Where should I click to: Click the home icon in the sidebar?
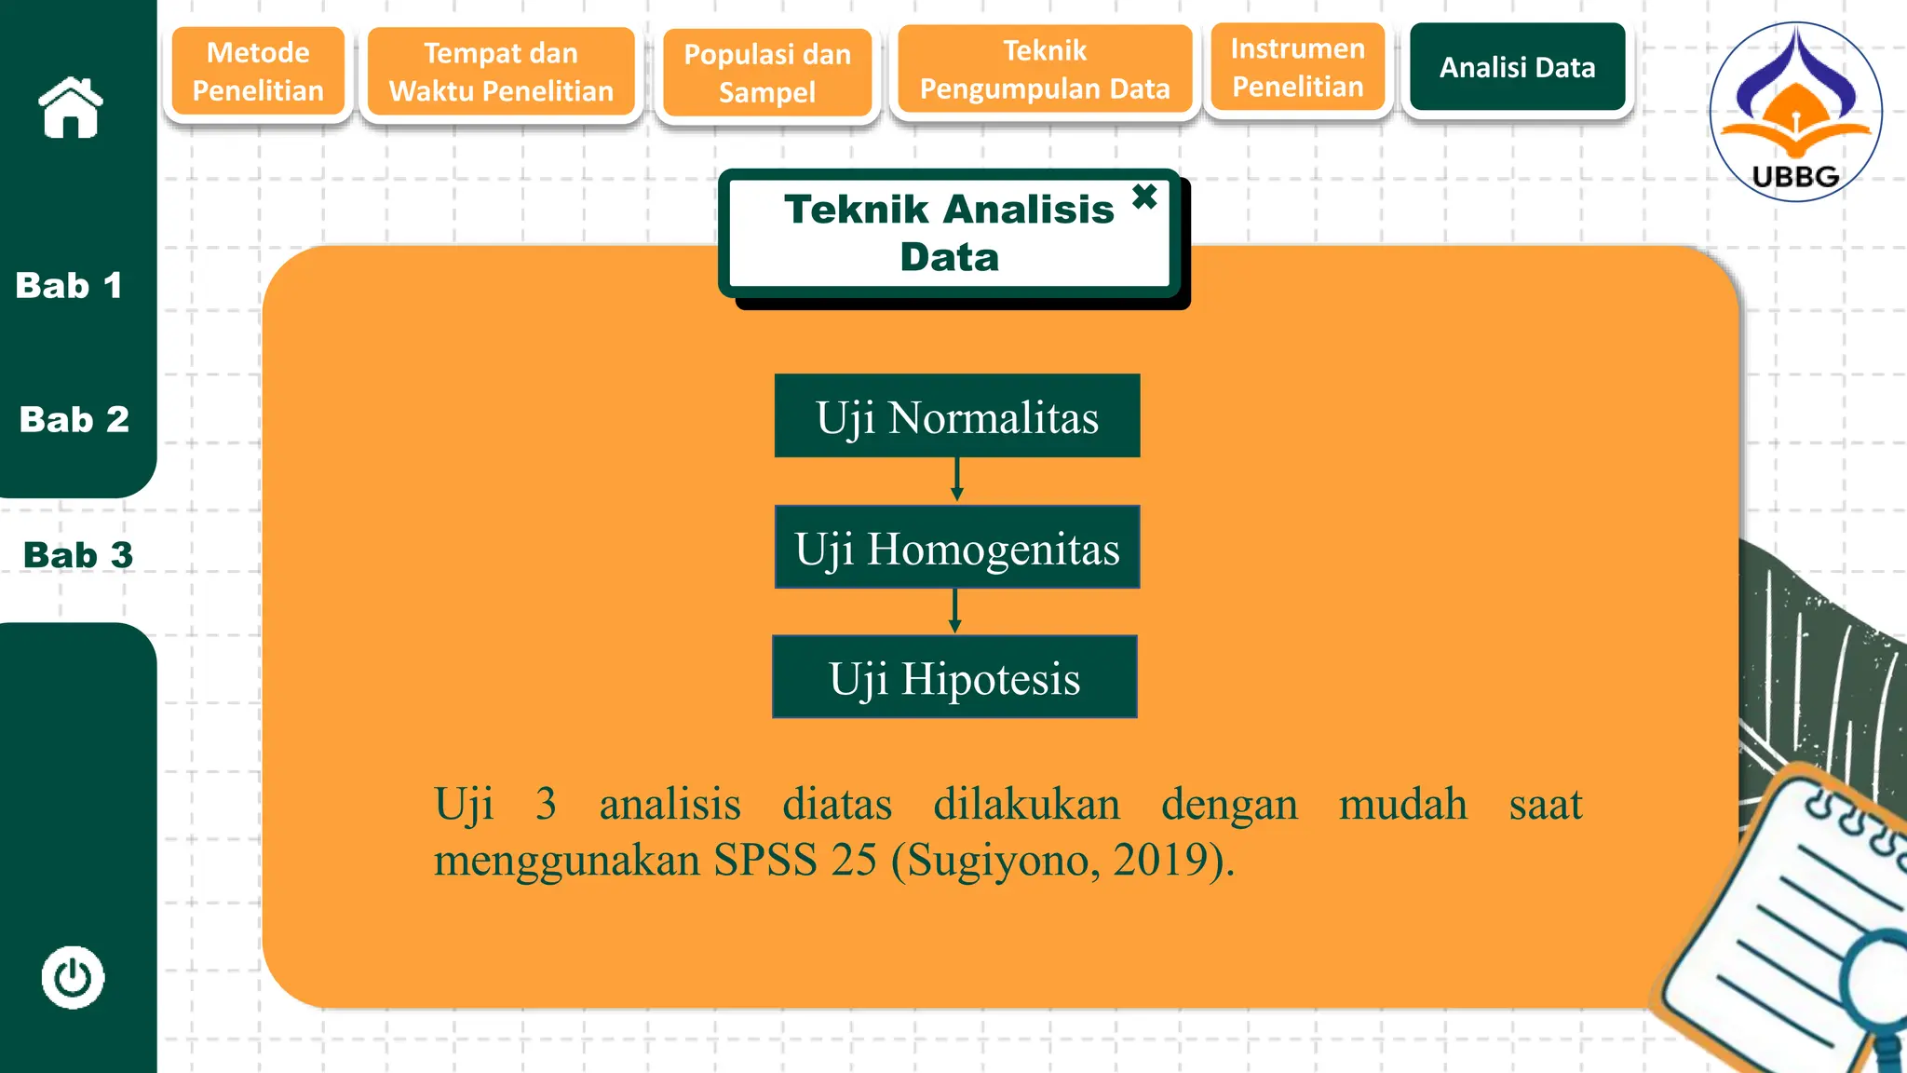(x=71, y=108)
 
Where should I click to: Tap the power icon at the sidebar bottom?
(x=73, y=977)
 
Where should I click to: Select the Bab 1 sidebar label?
(x=69, y=285)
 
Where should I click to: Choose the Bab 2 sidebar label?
(x=74, y=419)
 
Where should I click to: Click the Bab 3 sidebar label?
(x=78, y=555)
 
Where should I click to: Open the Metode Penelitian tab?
(x=258, y=72)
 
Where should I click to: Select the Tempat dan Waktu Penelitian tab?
(x=501, y=72)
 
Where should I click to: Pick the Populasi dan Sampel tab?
(x=767, y=73)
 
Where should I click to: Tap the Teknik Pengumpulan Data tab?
(x=1045, y=70)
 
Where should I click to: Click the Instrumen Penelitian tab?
(x=1298, y=68)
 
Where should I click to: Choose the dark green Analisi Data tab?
(x=1517, y=67)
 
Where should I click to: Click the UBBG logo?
(x=1795, y=112)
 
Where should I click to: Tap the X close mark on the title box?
(x=1144, y=197)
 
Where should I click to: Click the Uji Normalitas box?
(x=957, y=416)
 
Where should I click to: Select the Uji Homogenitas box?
(x=957, y=548)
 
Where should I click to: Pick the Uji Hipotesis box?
(x=954, y=677)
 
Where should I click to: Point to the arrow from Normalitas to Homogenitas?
(x=956, y=480)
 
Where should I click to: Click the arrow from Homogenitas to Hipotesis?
(x=954, y=611)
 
